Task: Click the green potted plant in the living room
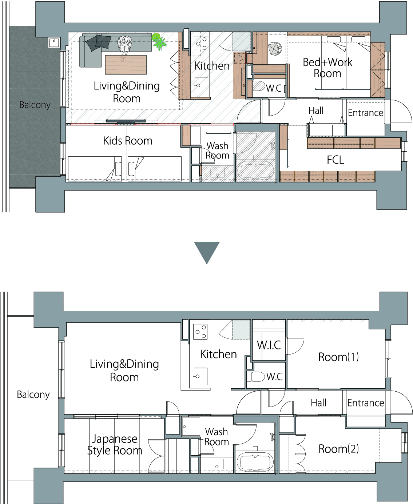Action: click(158, 42)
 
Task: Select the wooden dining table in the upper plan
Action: click(126, 65)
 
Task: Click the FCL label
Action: click(335, 160)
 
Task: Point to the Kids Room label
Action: click(128, 141)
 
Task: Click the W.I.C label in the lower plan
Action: click(269, 345)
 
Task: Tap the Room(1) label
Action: click(338, 357)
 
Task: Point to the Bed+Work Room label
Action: click(327, 68)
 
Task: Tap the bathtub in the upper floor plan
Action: click(257, 170)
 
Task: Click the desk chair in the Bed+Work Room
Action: click(275, 49)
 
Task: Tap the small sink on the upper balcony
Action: click(54, 43)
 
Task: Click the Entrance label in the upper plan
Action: click(365, 113)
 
